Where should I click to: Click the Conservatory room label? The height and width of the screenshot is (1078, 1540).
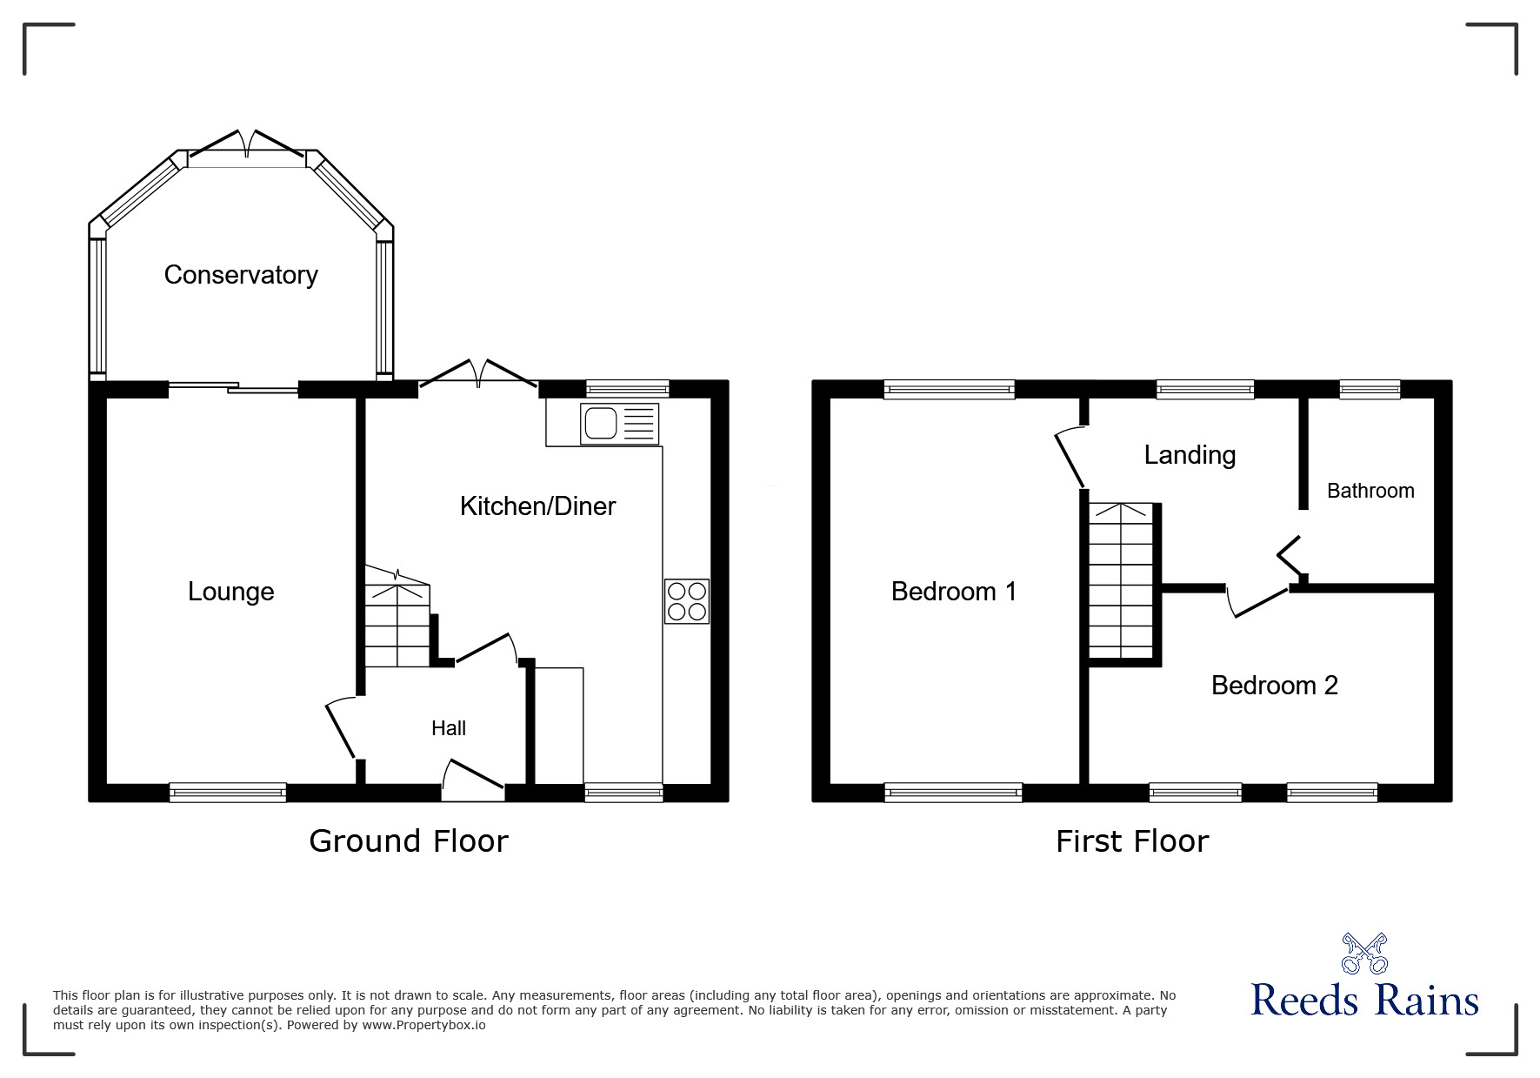(241, 275)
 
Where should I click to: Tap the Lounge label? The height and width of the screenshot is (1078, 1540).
(231, 592)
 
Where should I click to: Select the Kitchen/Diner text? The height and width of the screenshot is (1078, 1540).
(537, 506)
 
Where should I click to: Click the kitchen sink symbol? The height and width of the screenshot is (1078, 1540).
(619, 424)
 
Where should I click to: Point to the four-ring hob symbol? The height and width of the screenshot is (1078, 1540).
(687, 601)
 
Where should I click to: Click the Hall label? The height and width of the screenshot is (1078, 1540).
(449, 728)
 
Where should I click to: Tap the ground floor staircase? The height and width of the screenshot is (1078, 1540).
(397, 625)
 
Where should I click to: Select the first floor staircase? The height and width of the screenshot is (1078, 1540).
(1122, 580)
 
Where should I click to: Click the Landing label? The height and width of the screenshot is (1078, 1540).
(1190, 455)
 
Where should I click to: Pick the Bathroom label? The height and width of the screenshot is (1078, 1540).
(1370, 491)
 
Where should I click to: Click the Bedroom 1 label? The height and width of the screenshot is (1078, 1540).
(954, 592)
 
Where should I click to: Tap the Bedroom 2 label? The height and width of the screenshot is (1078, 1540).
(1274, 686)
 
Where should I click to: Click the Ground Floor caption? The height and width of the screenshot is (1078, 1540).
(409, 841)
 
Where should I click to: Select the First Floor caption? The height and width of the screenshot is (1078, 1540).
(1132, 841)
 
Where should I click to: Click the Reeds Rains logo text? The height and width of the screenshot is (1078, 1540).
(1364, 1001)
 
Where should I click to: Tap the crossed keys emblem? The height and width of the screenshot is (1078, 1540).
(1364, 953)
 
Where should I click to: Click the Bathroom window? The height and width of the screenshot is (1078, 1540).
(1370, 390)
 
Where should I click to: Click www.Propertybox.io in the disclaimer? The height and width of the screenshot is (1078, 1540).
(424, 1025)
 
